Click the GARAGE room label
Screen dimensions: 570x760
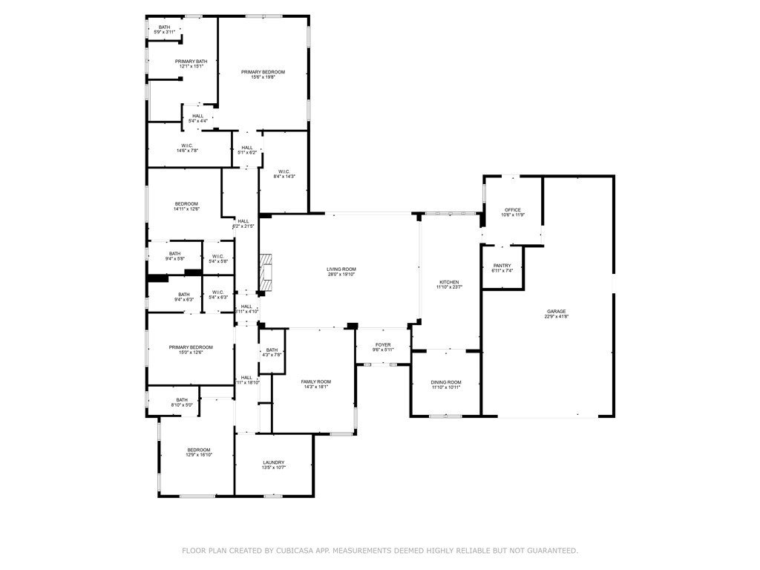point(557,312)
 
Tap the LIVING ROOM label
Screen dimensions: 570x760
point(341,269)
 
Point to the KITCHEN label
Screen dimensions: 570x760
point(449,282)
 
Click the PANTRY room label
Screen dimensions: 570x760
point(502,266)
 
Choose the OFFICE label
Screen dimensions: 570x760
point(513,210)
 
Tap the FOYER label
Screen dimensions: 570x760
point(382,344)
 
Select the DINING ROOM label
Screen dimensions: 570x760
point(446,382)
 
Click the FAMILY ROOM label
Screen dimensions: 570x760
point(316,381)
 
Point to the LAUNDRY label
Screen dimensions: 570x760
point(273,462)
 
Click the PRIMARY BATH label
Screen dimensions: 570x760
point(191,62)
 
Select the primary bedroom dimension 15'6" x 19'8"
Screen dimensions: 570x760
point(263,77)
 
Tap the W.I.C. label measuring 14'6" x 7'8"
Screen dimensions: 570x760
point(187,151)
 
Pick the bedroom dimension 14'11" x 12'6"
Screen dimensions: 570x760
point(186,209)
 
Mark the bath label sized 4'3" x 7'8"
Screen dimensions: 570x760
point(272,355)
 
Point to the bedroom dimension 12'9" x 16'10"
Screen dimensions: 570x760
point(199,455)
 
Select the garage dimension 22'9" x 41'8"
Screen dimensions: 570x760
point(557,317)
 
